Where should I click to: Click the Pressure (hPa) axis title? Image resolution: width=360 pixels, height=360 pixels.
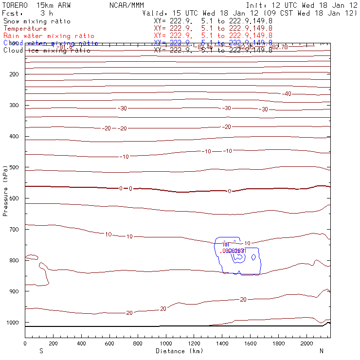pyautogui.click(x=6, y=183)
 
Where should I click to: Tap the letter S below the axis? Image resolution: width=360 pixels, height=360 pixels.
pyautogui.click(x=41, y=351)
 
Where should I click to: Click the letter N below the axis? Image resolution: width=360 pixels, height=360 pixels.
pyautogui.click(x=321, y=351)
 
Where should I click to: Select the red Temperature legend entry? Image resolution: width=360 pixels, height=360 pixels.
pyautogui.click(x=25, y=29)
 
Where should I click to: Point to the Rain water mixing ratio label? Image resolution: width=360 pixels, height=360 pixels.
pyautogui.click(x=49, y=36)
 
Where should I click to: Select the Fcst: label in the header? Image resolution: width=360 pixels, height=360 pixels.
pyautogui.click(x=14, y=13)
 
